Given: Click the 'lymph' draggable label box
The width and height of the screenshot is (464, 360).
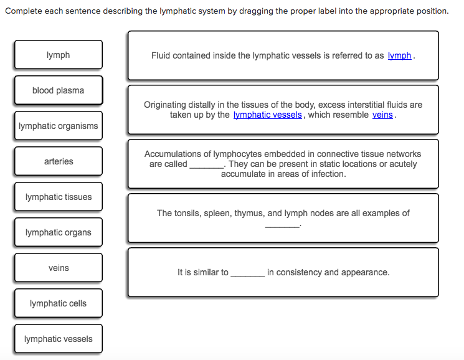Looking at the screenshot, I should pyautogui.click(x=59, y=55).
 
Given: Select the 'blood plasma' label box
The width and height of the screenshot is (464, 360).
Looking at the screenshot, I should pyautogui.click(x=59, y=90).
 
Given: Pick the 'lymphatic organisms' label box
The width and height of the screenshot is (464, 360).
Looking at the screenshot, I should pyautogui.click(x=59, y=126).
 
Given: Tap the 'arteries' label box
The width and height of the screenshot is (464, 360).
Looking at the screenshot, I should pyautogui.click(x=59, y=161).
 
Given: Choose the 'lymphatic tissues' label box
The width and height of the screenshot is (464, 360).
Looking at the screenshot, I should pyautogui.click(x=59, y=197).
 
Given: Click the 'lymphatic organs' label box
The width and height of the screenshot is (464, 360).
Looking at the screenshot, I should pyautogui.click(x=59, y=232).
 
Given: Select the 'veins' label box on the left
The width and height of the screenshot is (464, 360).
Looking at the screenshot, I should pyautogui.click(x=59, y=268).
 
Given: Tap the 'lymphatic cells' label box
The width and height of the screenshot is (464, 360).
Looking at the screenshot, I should pyautogui.click(x=59, y=303).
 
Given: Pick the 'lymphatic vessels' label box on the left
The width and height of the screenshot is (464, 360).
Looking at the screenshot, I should pyautogui.click(x=59, y=339).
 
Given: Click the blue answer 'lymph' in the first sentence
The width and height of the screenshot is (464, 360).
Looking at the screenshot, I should pyautogui.click(x=399, y=55).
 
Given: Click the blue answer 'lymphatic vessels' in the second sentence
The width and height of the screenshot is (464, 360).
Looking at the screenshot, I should pyautogui.click(x=268, y=115).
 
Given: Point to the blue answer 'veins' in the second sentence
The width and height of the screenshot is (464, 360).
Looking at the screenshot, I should pyautogui.click(x=382, y=115).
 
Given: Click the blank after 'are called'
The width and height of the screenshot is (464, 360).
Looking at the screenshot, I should pyautogui.click(x=206, y=164).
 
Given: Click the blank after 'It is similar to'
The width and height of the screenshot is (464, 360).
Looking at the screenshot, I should pyautogui.click(x=247, y=273).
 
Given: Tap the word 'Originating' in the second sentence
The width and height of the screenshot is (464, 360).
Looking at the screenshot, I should pyautogui.click(x=166, y=105).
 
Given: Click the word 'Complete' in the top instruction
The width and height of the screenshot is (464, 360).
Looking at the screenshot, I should pyautogui.click(x=22, y=11).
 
